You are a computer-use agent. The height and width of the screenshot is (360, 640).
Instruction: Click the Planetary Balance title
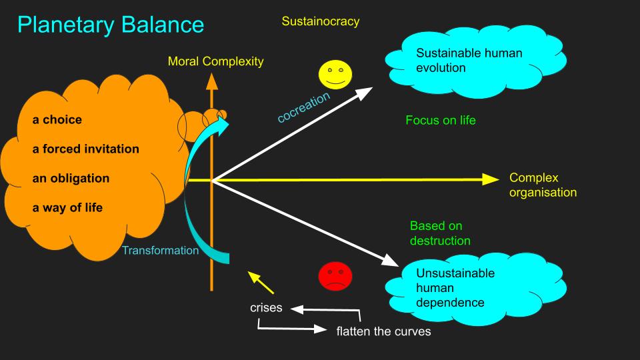click(111, 25)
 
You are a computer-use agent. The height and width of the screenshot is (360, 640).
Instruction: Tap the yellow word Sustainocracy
click(320, 21)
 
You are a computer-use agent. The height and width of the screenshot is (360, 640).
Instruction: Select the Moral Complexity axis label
click(215, 61)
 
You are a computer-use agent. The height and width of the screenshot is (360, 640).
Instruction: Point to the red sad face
click(335, 276)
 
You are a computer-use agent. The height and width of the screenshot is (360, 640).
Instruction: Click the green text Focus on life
click(440, 121)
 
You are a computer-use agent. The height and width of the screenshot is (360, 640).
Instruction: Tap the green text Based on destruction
click(440, 233)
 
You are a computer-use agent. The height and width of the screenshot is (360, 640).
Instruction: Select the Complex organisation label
click(543, 185)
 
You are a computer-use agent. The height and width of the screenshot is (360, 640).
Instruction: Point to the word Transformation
click(160, 251)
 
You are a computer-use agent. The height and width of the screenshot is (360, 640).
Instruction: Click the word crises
click(266, 308)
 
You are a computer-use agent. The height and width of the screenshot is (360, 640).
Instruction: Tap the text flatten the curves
click(383, 331)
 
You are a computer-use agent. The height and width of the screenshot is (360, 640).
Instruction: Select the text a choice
click(57, 120)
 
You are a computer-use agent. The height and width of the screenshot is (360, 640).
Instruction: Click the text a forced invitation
click(86, 149)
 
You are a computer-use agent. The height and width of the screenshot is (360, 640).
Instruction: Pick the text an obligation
click(71, 179)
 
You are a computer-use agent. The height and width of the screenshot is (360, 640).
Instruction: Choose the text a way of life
click(68, 208)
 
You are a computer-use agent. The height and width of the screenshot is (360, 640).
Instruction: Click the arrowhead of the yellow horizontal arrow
click(491, 179)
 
